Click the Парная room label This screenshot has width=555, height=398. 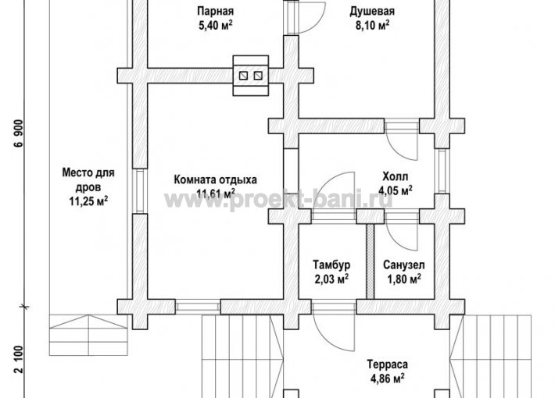215,11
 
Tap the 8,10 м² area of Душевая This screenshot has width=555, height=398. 372,26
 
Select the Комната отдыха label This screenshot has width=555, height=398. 215,179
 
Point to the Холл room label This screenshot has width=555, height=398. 395,176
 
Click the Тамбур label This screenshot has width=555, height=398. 331,265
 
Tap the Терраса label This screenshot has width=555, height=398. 387,364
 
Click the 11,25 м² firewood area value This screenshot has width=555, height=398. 88,201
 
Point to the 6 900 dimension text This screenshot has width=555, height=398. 19,133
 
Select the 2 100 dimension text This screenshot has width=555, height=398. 19,360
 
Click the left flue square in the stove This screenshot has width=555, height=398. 243,75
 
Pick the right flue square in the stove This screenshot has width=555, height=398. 258,75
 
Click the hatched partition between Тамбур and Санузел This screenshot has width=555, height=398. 370,261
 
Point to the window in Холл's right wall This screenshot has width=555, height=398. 442,171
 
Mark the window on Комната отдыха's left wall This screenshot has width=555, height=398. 140,191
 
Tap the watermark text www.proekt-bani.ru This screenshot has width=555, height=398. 279,201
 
